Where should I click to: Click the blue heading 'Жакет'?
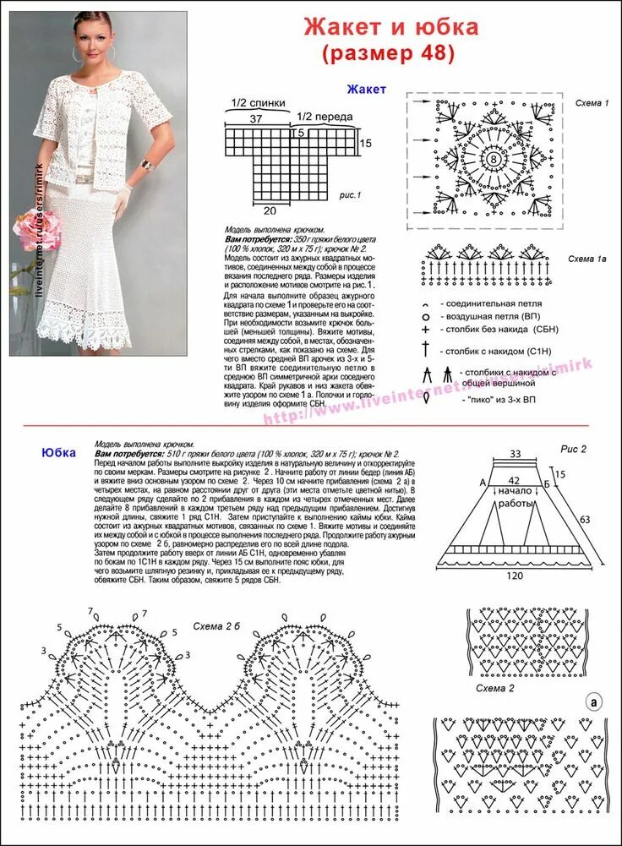(x=366, y=89)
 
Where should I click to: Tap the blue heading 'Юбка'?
(x=58, y=452)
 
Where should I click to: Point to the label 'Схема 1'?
(x=592, y=102)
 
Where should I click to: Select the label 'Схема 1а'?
(x=587, y=258)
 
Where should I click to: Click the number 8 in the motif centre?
(x=492, y=159)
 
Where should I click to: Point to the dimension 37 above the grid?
(x=256, y=120)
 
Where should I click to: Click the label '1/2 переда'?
(x=325, y=116)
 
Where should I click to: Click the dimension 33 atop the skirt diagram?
(x=516, y=454)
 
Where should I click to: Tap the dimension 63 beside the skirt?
(x=584, y=518)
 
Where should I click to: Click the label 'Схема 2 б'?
(x=214, y=630)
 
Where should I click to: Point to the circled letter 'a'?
(x=594, y=701)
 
